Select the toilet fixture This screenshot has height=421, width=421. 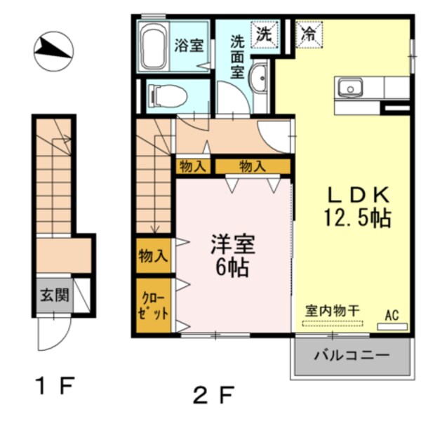click(x=166, y=95)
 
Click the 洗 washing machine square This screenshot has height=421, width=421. click(x=264, y=32)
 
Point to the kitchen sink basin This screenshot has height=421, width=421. click(x=349, y=88)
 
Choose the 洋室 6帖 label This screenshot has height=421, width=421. click(x=232, y=256)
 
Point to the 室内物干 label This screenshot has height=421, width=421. click(x=332, y=310)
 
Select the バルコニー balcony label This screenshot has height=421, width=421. click(x=352, y=356)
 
